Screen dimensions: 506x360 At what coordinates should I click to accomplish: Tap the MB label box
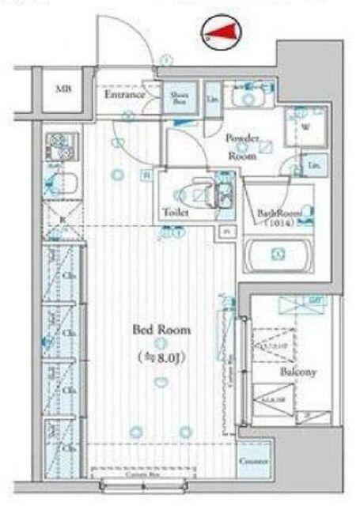click(63, 89)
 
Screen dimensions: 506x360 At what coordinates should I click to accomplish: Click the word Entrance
click(125, 95)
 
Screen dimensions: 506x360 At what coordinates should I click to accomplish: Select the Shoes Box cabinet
click(179, 97)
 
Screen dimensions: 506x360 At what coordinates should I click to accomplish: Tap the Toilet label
click(175, 213)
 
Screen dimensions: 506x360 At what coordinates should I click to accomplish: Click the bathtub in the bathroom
click(278, 255)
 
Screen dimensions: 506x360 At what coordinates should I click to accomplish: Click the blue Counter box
click(253, 461)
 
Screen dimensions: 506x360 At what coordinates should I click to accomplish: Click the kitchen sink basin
click(60, 186)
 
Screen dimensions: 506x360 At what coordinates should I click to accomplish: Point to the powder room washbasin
click(251, 99)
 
